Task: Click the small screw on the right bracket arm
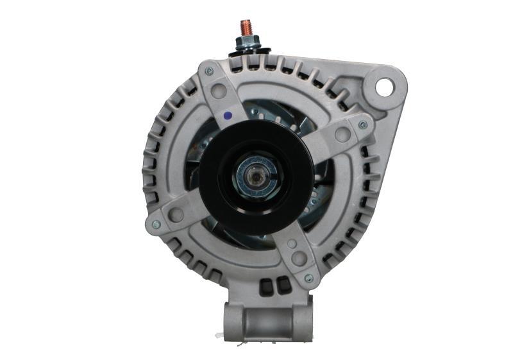click(363, 124)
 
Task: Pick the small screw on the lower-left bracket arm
click(155, 224)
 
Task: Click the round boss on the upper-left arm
click(219, 91)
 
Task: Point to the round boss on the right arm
click(342, 134)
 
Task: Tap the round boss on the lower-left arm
click(176, 214)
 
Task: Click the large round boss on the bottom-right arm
click(298, 259)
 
